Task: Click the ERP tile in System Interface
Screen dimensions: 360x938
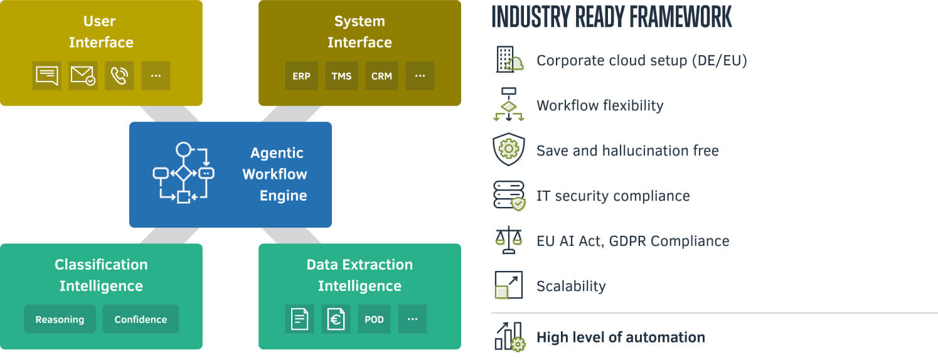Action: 301,76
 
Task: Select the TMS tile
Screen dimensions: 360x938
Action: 341,76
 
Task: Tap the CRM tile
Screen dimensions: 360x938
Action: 381,76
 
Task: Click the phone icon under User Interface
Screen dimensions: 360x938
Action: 119,76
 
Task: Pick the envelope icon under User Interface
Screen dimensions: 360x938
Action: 83,76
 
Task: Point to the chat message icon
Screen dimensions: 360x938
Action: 47,76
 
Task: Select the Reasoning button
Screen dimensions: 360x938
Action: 60,319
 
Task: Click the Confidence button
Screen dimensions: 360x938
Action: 141,319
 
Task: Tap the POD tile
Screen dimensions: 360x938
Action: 374,319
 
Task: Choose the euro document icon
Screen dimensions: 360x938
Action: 336,319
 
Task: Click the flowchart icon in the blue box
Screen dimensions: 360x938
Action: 183,172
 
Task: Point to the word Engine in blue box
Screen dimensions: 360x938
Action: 283,196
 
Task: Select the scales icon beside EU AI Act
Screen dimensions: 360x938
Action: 508,241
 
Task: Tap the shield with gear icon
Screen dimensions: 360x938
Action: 508,150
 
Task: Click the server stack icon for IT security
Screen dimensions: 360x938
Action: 508,195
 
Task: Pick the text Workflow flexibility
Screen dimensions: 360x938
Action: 600,105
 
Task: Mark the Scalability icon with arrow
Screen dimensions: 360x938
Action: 508,285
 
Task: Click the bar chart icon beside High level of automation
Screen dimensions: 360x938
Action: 509,337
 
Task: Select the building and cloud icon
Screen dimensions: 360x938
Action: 509,60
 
